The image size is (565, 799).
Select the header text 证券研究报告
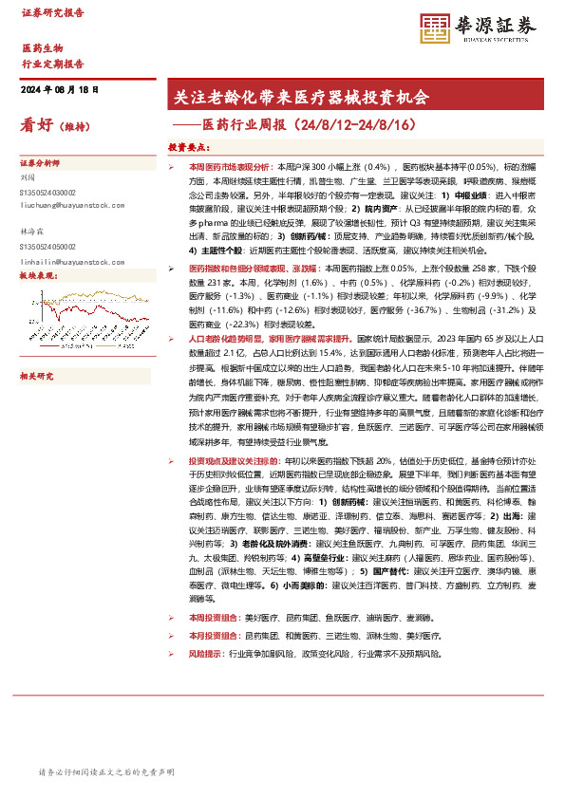pyautogui.click(x=51, y=13)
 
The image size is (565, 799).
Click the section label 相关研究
pyautogui.click(x=37, y=376)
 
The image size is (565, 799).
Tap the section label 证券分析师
pyautogui.click(x=40, y=163)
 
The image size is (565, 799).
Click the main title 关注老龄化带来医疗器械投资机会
pyautogui.click(x=297, y=97)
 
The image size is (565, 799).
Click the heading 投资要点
pyautogui.click(x=188, y=148)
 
